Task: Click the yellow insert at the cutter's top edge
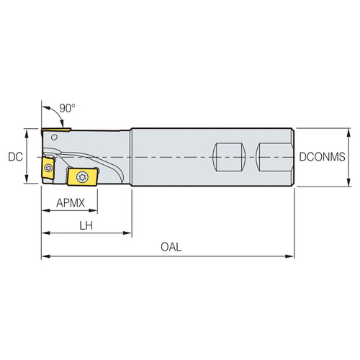[55, 132]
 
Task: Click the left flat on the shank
[229, 156]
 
